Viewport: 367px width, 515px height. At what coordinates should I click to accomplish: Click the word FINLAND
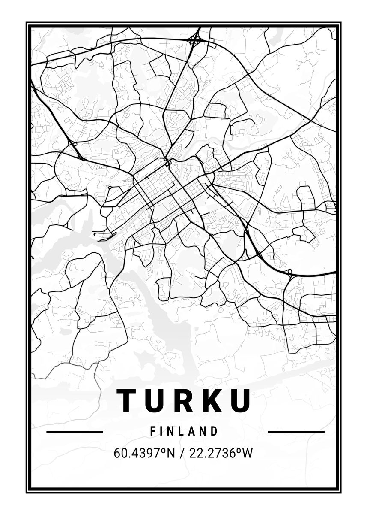point(184,431)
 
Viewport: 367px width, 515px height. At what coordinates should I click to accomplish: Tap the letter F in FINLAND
point(153,431)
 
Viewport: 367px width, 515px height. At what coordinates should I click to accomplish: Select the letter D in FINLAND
point(214,431)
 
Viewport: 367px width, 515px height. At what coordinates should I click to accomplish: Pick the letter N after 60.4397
point(171,453)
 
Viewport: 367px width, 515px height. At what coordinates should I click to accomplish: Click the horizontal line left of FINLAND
point(75,431)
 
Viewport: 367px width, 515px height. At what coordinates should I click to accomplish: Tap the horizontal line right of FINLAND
point(296,431)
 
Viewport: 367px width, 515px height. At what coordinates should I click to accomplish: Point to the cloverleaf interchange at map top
point(195,41)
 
